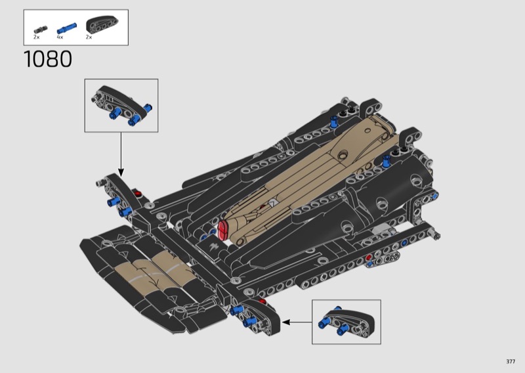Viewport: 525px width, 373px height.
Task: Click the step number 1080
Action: pos(47,59)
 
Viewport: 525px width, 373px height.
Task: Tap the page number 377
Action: pos(511,361)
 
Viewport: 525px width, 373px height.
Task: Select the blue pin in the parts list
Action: pos(67,28)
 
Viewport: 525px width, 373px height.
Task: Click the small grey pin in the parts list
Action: pos(41,30)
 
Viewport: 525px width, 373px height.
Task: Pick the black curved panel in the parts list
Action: pos(102,24)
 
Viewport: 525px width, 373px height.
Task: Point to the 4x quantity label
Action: pos(60,37)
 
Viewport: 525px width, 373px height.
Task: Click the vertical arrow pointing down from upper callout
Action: pos(121,154)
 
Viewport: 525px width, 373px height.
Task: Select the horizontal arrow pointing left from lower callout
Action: pos(297,322)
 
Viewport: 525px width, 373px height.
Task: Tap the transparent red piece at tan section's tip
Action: pos(222,230)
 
